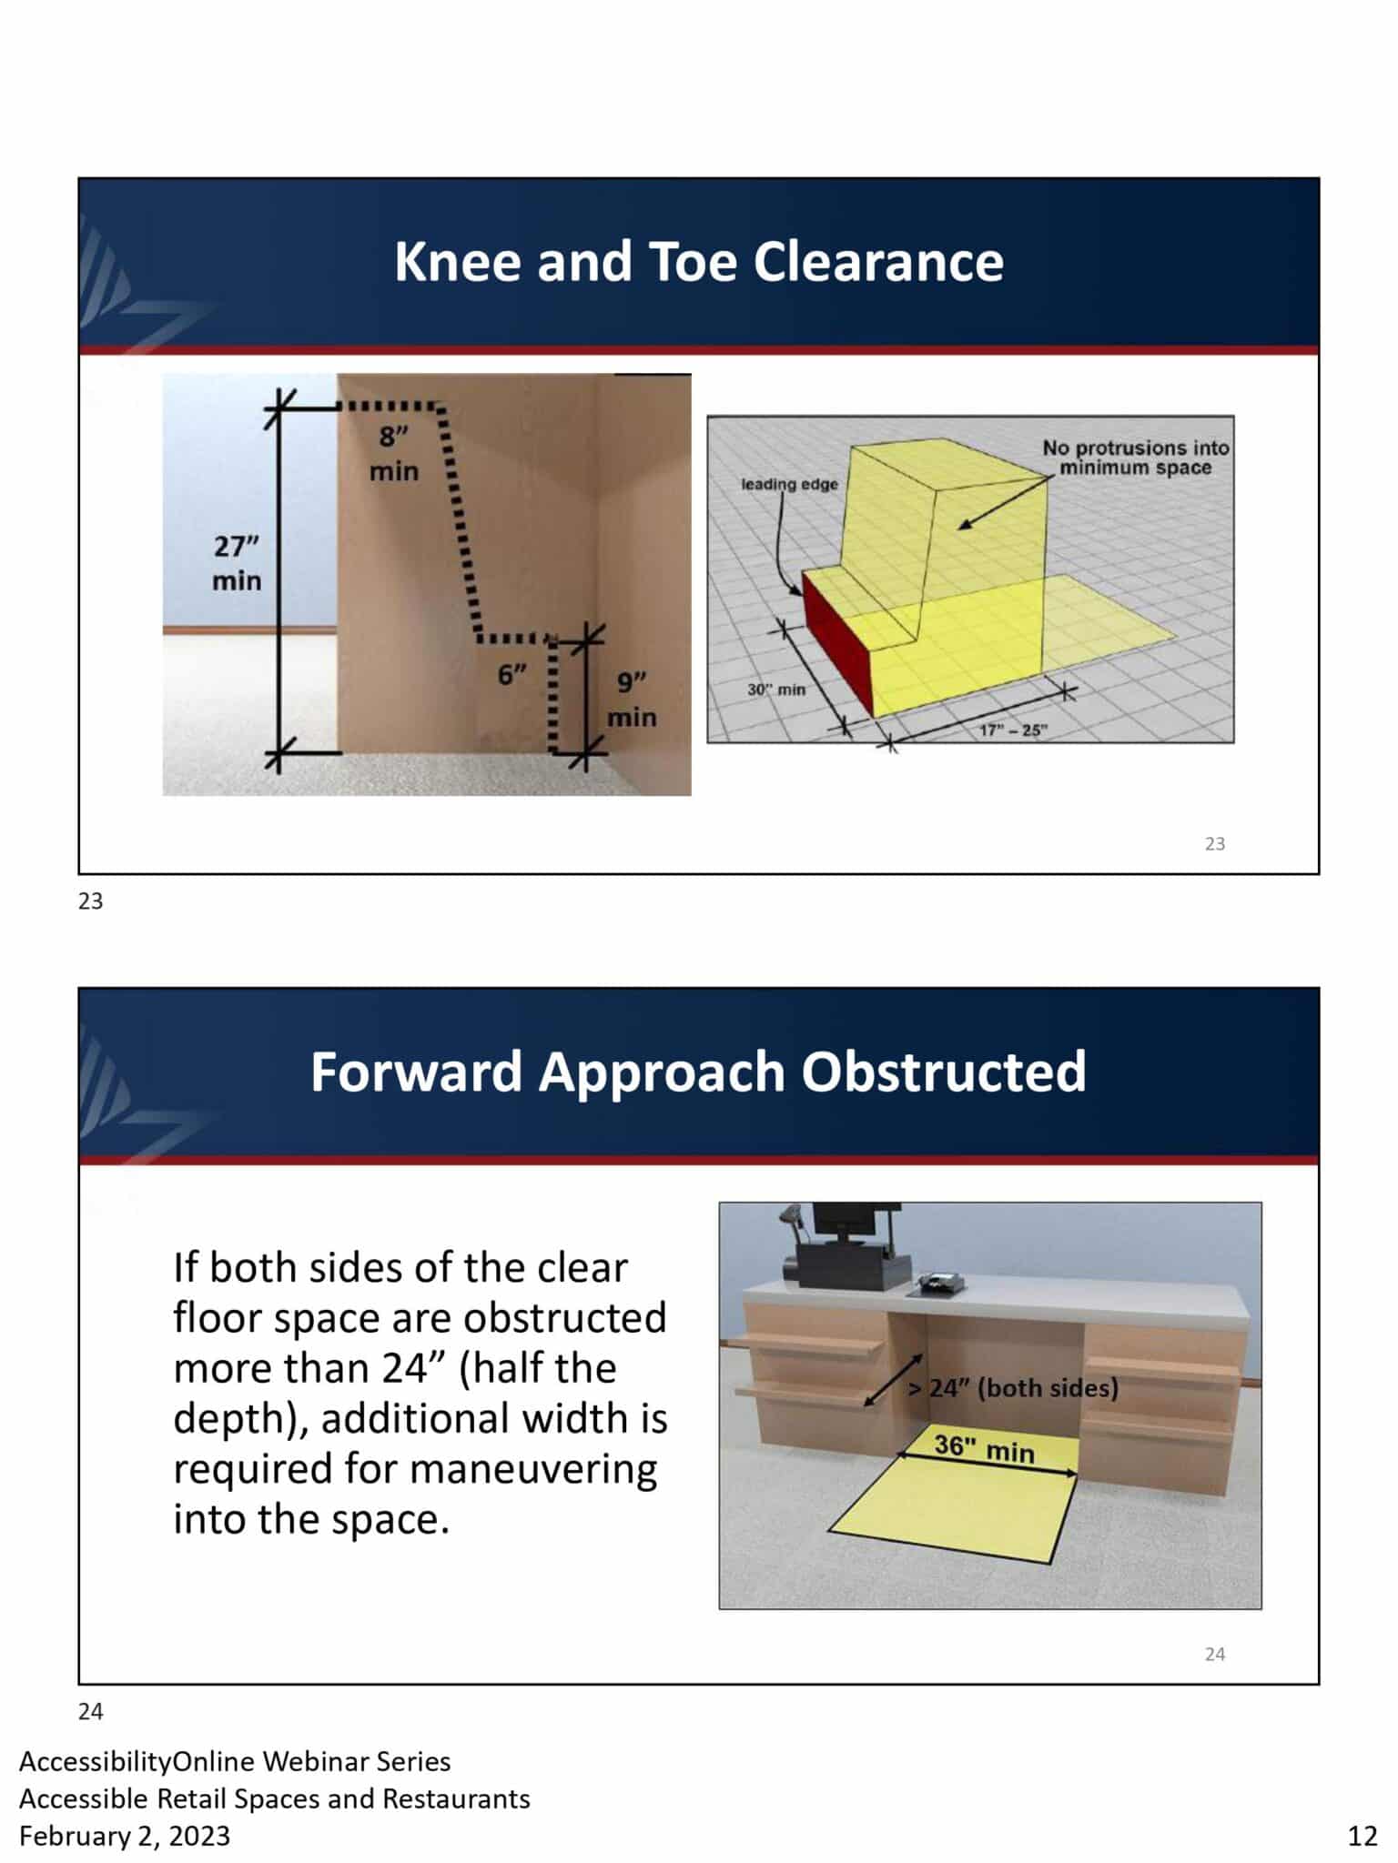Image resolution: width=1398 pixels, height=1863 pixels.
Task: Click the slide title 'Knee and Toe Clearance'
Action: tap(698, 262)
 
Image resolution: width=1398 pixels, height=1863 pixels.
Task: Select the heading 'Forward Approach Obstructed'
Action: tap(698, 1072)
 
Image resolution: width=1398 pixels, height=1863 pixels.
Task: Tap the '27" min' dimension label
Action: tap(237, 563)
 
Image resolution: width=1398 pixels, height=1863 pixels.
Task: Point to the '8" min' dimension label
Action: tap(393, 454)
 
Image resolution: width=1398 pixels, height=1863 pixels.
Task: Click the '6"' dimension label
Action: tap(512, 674)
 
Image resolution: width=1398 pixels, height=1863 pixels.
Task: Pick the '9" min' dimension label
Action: tap(632, 700)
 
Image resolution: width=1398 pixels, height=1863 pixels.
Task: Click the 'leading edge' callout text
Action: tap(789, 484)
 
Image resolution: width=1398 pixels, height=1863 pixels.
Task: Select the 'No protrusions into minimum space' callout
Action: tap(1135, 458)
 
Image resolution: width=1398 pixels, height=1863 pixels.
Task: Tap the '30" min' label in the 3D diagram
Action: tap(776, 690)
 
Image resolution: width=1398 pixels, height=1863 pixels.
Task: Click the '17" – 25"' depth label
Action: tap(1014, 730)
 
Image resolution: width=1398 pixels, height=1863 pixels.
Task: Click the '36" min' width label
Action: tap(985, 1446)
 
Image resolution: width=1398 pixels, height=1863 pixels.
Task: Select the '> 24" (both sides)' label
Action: tap(1013, 1387)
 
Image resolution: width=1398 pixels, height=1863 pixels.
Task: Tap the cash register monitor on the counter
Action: tap(856, 1224)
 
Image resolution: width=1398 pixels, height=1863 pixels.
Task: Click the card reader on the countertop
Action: tap(937, 1283)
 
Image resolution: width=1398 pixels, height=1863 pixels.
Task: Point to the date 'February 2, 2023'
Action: tap(125, 1836)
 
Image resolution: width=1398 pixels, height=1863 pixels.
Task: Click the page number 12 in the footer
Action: tap(1363, 1836)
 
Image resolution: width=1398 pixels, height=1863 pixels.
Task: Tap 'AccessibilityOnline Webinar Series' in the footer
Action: tap(235, 1761)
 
